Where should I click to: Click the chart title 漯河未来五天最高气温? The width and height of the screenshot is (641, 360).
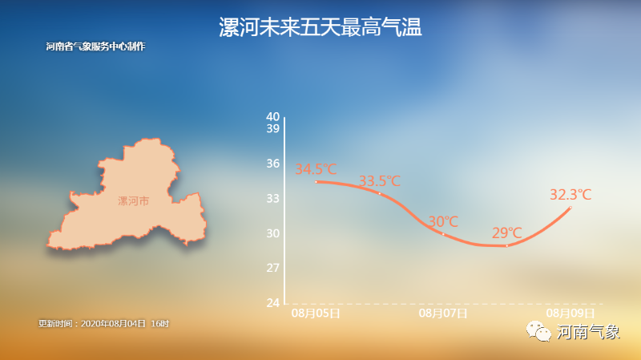tap(320, 28)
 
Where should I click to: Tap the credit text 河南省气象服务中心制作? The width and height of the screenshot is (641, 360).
tap(95, 47)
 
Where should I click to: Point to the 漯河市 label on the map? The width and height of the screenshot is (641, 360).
tap(133, 201)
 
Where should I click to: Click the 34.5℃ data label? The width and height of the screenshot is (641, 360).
tap(316, 169)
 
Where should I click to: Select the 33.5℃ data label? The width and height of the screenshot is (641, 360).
tap(379, 180)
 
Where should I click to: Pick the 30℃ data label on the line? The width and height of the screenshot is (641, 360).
tap(443, 220)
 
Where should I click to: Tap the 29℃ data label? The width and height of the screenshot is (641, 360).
tap(506, 233)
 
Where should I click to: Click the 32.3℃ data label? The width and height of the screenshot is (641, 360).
tap(570, 194)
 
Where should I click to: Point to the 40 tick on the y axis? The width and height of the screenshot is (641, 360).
tap(272, 116)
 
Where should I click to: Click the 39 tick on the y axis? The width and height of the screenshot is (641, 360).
tap(272, 128)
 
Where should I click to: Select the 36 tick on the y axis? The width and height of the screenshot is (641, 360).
tap(272, 164)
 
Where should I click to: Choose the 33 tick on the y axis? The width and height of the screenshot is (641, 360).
tap(272, 198)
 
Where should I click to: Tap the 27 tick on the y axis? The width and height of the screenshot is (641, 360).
tap(272, 267)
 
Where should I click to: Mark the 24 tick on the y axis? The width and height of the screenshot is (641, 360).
tap(272, 302)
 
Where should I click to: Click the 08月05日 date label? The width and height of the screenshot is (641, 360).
tap(316, 313)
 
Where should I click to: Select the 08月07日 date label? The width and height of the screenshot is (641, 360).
tap(443, 313)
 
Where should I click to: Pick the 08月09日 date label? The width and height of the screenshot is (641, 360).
tap(570, 313)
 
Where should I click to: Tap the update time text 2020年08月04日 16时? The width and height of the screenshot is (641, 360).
tap(104, 323)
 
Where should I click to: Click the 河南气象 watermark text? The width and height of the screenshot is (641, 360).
tap(588, 331)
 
